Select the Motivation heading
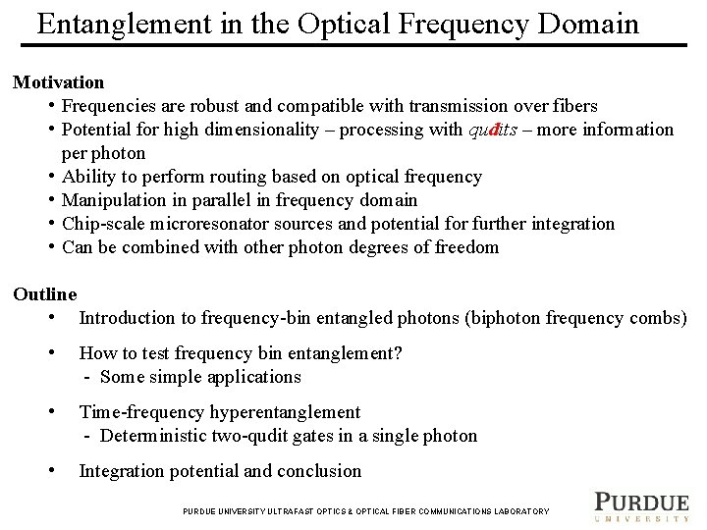coord(58,82)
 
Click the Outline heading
coord(44,293)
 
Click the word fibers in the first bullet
coord(572,106)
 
